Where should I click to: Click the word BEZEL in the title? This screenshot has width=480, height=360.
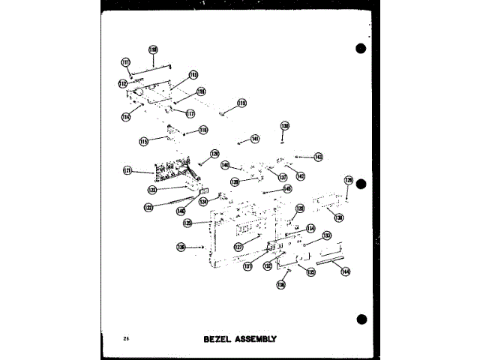coord(218,339)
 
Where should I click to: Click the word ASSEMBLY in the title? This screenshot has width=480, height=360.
coord(256,339)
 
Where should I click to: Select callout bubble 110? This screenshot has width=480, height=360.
coord(153,50)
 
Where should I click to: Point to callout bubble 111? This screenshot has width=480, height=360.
coord(125,62)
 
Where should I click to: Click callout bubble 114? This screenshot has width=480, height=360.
coord(126,116)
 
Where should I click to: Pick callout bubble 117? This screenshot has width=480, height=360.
coord(190,114)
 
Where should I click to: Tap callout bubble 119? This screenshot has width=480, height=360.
coord(241,103)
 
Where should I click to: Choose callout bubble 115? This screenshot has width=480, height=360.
coord(143,141)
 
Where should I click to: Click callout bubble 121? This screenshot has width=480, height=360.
coord(128,171)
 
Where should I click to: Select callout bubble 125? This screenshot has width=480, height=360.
coord(188,223)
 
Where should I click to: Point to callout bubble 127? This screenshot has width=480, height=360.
coord(237,246)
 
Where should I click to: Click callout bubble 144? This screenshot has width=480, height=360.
coord(345,271)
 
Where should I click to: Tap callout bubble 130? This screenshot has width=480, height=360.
coord(339,217)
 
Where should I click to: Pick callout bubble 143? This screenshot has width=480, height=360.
coord(319,157)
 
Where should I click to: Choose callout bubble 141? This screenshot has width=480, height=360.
coord(255,139)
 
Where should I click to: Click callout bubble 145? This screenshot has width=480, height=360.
coord(287,189)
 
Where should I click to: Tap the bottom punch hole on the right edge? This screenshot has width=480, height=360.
coord(361,320)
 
